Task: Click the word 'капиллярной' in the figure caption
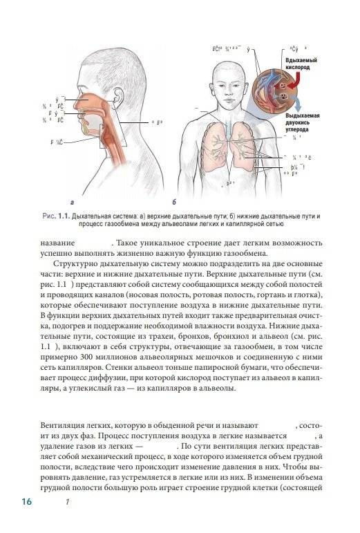272,225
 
